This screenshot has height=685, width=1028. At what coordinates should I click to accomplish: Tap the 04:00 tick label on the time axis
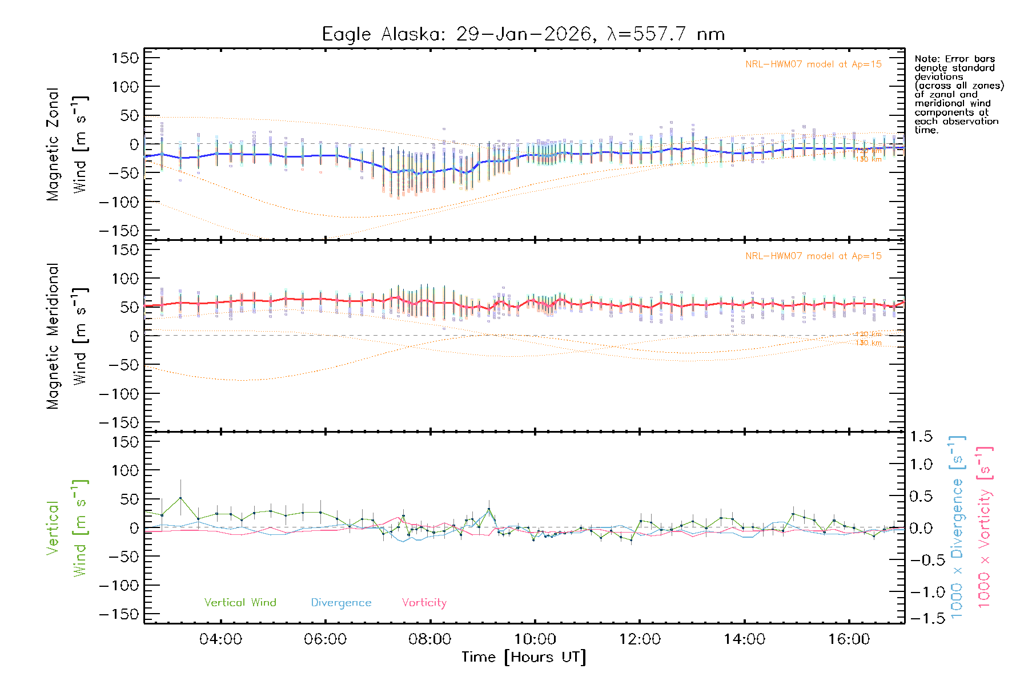(220, 639)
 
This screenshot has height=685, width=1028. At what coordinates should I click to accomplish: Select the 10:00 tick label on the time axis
(535, 639)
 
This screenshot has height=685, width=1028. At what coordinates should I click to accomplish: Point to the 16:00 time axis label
(849, 639)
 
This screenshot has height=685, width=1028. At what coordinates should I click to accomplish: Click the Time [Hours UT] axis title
(524, 658)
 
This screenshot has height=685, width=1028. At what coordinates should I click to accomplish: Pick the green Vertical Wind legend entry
(240, 603)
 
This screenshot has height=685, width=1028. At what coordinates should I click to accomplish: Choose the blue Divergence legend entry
(341, 603)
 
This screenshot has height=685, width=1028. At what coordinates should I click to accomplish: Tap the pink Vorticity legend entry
(424, 603)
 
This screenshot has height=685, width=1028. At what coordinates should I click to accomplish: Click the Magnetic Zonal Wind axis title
(66, 144)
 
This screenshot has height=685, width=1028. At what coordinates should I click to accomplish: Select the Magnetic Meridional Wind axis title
(66, 336)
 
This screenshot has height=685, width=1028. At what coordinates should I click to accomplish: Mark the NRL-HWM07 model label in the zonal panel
(813, 65)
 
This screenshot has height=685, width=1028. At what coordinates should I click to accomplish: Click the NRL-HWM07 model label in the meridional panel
(813, 256)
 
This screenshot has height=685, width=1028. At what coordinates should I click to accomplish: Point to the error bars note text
(959, 94)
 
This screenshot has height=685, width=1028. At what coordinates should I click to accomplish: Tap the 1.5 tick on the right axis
(921, 437)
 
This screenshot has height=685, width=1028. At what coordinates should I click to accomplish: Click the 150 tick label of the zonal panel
(126, 58)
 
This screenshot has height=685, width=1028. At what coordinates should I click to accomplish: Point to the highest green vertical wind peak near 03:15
(180, 498)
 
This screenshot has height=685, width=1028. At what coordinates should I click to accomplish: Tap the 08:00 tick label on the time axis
(430, 639)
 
